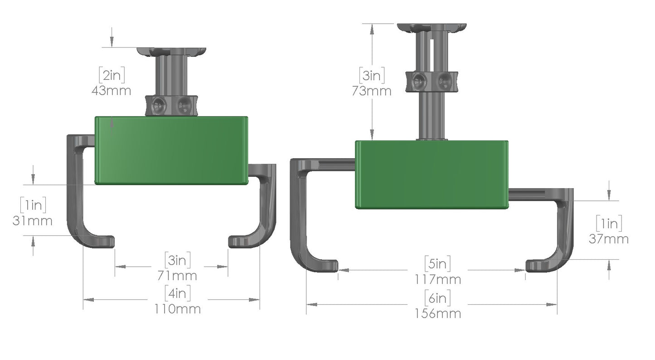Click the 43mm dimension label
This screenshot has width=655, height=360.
(x=112, y=90)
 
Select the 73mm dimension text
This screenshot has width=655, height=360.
(x=372, y=91)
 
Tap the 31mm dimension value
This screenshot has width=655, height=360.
(x=33, y=221)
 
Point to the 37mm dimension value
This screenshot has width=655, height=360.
(x=609, y=238)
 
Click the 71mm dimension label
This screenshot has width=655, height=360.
(x=177, y=275)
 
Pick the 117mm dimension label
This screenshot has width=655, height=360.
(x=438, y=279)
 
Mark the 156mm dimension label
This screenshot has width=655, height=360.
(x=438, y=313)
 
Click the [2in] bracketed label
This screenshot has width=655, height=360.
(x=112, y=74)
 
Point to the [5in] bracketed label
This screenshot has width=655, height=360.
(x=438, y=263)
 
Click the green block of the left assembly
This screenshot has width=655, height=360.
(x=171, y=151)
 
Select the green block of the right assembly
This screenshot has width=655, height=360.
(x=431, y=175)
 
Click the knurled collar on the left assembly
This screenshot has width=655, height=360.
(x=172, y=105)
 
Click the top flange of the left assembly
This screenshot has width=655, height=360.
(x=172, y=51)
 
